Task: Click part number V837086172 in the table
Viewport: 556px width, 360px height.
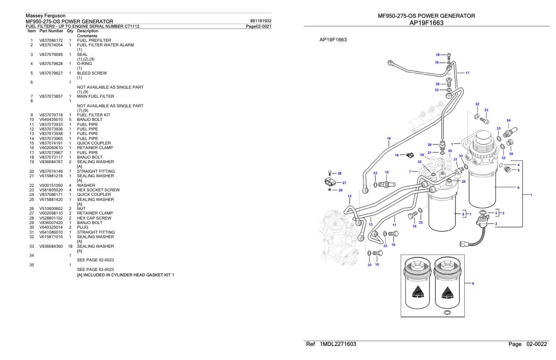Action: point(50,40)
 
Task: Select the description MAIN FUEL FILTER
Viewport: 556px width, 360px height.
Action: point(95,96)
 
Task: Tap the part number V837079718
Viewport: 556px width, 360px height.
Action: point(50,115)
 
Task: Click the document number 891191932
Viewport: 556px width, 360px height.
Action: point(261,21)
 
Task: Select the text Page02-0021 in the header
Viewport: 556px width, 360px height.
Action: point(258,26)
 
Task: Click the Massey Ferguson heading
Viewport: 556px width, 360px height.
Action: point(45,16)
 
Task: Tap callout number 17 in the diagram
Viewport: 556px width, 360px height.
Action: point(467,73)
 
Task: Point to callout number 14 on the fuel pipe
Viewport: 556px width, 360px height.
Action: point(388,138)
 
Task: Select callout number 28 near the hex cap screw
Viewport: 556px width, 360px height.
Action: point(339,173)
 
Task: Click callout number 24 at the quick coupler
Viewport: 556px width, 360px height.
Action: point(508,120)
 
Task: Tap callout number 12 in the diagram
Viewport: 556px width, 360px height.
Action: point(349,196)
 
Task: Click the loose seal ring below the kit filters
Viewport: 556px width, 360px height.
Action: point(447,312)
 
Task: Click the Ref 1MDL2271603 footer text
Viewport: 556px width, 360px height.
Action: point(332,344)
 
